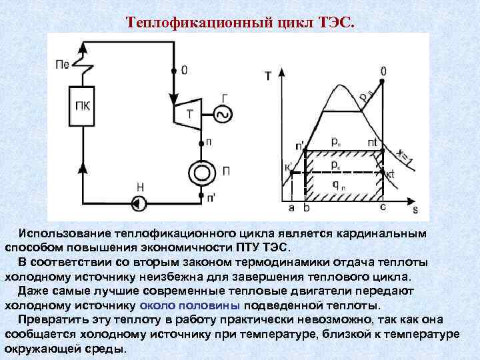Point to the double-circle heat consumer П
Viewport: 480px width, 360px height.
point(201,172)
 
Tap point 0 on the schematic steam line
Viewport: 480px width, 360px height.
point(174,70)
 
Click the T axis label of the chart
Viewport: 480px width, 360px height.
point(268,76)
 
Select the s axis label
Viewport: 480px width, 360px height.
point(415,210)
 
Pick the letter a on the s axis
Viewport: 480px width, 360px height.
point(292,208)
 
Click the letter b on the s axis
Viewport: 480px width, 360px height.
point(307,208)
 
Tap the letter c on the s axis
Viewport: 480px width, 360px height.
point(382,208)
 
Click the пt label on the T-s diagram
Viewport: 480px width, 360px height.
point(373,142)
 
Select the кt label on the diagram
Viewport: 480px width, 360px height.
point(390,175)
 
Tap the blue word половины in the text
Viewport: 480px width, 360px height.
point(209,306)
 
